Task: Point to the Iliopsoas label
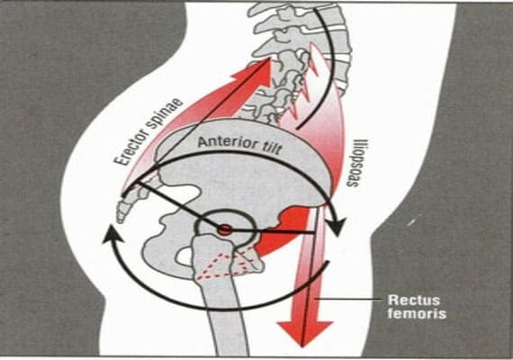pos(357,163)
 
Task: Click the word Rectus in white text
pos(413,300)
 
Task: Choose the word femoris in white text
pos(417,313)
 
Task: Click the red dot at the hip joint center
pos(224,229)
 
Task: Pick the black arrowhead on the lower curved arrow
pos(112,235)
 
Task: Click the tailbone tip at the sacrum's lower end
pos(120,221)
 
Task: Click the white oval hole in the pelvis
pos(185,256)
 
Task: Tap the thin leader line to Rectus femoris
pos(347,299)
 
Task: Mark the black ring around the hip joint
pos(226,211)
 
